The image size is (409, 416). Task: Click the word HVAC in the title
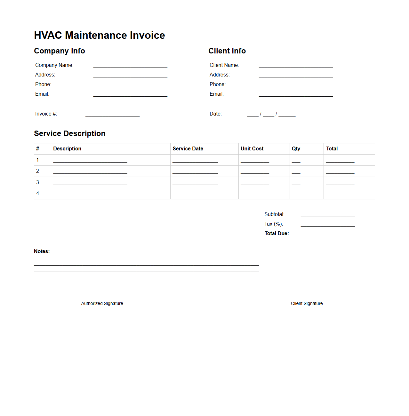(48, 35)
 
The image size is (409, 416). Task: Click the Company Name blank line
(130, 66)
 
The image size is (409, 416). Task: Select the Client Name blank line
(296, 66)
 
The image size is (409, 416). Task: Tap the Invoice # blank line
(112, 115)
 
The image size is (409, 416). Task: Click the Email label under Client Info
(216, 94)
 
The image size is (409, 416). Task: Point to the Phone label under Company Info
(43, 84)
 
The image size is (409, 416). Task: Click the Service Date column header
(188, 148)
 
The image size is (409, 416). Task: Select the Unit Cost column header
(252, 148)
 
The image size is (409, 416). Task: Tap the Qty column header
(296, 148)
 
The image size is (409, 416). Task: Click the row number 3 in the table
(37, 182)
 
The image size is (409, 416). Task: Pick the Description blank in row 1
(90, 161)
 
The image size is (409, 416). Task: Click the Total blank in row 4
(340, 194)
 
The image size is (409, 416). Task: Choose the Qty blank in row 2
(296, 172)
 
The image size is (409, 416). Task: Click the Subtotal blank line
(328, 215)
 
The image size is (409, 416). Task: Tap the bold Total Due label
(277, 233)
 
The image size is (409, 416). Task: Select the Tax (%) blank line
(328, 225)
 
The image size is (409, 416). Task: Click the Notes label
(42, 251)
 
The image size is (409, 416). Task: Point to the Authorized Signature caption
(102, 303)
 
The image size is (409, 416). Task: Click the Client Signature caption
(307, 303)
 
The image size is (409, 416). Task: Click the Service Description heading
(70, 133)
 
